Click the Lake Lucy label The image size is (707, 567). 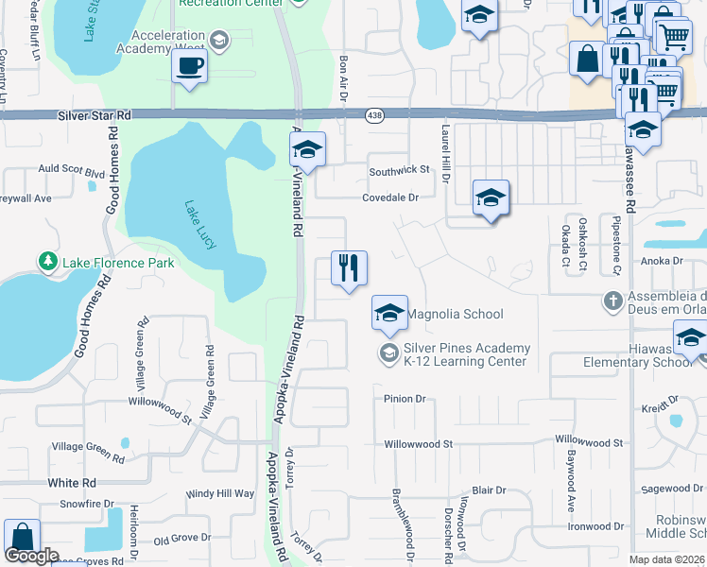pyautogui.click(x=200, y=224)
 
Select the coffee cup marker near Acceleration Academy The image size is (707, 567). pyautogui.click(x=189, y=67)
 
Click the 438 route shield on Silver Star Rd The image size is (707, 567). pyautogui.click(x=374, y=114)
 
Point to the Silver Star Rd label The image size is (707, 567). pyautogui.click(x=94, y=114)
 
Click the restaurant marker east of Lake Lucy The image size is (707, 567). pyautogui.click(x=349, y=268)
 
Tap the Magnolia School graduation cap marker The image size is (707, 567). pyautogui.click(x=389, y=314)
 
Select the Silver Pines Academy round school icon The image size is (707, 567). pyautogui.click(x=388, y=353)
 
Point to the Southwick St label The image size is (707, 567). pyautogui.click(x=399, y=170)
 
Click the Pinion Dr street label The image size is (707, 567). pyautogui.click(x=405, y=399)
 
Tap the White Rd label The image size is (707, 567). pyautogui.click(x=72, y=482)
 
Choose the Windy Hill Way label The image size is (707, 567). pyautogui.click(x=219, y=493)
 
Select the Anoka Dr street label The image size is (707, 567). pyautogui.click(x=662, y=261)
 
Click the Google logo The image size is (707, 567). pyautogui.click(x=32, y=556)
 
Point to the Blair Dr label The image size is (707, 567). pyautogui.click(x=489, y=490)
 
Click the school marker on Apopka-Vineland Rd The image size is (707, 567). pyautogui.click(x=307, y=149)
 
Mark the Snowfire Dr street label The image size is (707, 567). pyautogui.click(x=86, y=505)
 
